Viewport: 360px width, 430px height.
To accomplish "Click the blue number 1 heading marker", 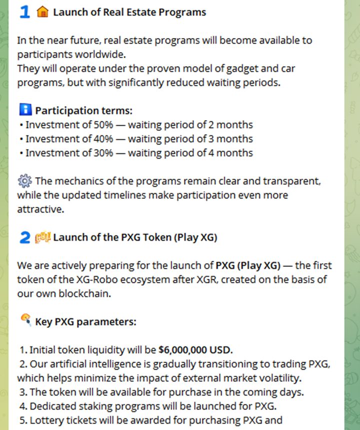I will pyautogui.click(x=24, y=12).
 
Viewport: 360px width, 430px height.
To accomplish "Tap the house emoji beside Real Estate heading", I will pyautogui.click(x=42, y=12).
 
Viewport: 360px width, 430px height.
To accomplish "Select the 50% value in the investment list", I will pyautogui.click(x=103, y=125).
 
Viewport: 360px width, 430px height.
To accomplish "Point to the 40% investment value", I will pyautogui.click(x=103, y=139).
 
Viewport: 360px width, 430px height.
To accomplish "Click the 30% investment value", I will pyautogui.click(x=103, y=153).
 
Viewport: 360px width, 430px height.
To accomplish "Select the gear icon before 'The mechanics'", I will pyautogui.click(x=24, y=181).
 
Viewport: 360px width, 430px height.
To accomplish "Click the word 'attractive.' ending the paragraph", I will pyautogui.click(x=40, y=209).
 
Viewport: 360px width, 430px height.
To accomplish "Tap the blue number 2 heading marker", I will pyautogui.click(x=24, y=237).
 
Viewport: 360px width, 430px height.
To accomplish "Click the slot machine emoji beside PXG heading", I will pyautogui.click(x=42, y=237).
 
